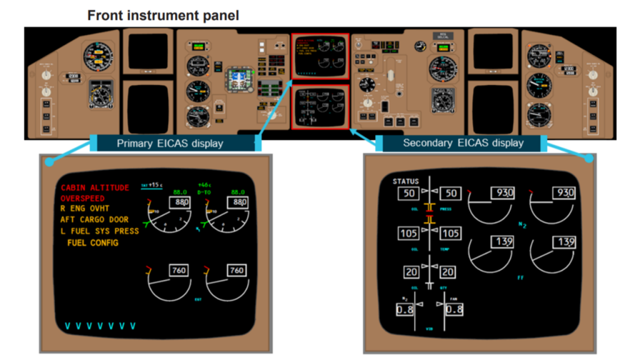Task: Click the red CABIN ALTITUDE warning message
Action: pyautogui.click(x=95, y=187)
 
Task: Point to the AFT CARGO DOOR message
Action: pyautogui.click(x=94, y=219)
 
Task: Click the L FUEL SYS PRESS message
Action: pyautogui.click(x=99, y=231)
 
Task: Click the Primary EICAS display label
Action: pyautogui.click(x=170, y=143)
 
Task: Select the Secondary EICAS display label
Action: pyautogui.click(x=463, y=143)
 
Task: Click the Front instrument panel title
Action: pyautogui.click(x=163, y=16)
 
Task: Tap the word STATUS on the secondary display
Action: pyautogui.click(x=406, y=181)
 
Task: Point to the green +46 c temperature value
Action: pyautogui.click(x=203, y=185)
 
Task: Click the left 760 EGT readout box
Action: pyautogui.click(x=179, y=271)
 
